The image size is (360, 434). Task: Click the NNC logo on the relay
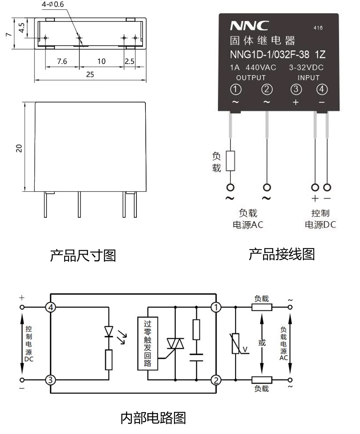click(249, 26)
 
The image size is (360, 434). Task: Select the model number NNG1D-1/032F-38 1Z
click(277, 54)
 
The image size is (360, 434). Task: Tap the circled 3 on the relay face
click(296, 89)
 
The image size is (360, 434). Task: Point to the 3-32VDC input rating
click(306, 67)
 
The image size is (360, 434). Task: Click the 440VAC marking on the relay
click(261, 67)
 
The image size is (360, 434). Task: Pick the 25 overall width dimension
click(90, 74)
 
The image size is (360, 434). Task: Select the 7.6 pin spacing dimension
click(62, 62)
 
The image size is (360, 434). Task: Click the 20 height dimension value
click(19, 148)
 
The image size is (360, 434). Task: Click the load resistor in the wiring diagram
click(230, 161)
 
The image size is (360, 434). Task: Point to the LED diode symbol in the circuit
click(109, 331)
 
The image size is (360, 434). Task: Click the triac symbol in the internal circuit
click(175, 344)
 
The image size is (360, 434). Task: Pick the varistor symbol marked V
click(235, 344)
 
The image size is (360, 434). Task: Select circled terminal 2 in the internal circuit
click(216, 380)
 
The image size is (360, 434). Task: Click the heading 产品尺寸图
click(83, 256)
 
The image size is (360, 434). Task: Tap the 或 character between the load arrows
click(262, 343)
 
